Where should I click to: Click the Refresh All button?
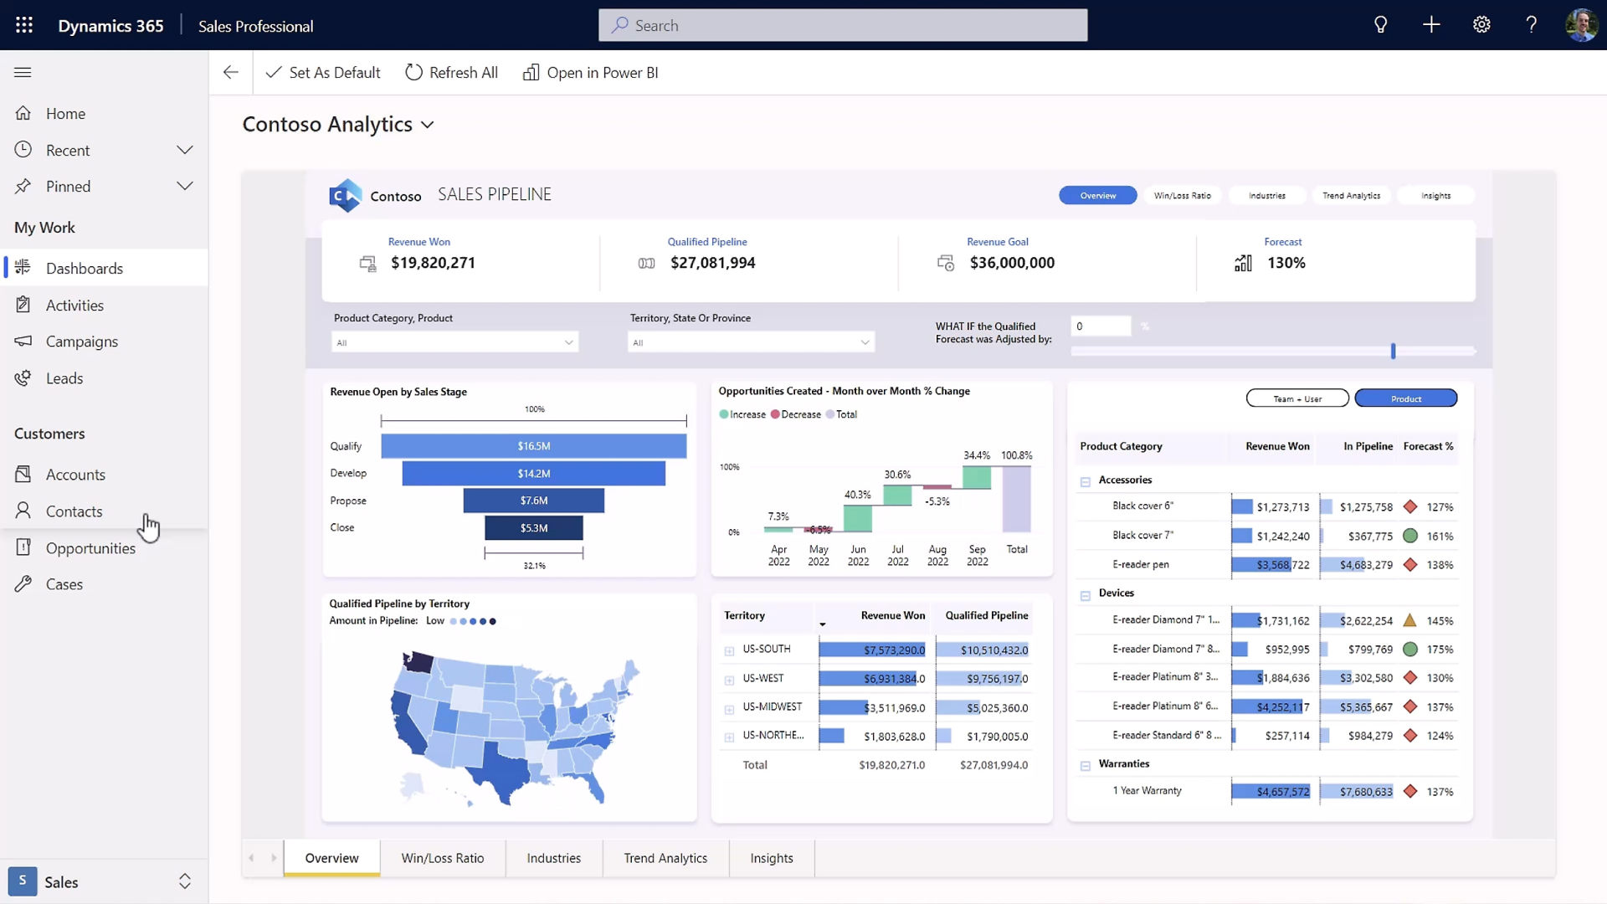point(451,73)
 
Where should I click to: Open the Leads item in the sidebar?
point(64,378)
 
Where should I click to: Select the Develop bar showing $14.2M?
point(533,474)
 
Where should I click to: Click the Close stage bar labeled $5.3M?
point(533,528)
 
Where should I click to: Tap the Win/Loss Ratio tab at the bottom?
point(442,858)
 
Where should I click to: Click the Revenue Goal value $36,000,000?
point(1011,263)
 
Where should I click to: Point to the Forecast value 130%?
point(1286,263)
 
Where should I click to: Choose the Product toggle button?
point(1405,398)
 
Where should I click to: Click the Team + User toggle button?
point(1296,398)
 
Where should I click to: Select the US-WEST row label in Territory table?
point(762,679)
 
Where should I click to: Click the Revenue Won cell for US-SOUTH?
point(872,650)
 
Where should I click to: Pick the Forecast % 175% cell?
point(1440,650)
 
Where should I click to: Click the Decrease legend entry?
point(799,414)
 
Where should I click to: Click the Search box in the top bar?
point(843,26)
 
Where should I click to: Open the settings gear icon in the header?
point(1481,25)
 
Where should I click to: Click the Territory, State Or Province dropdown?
point(751,342)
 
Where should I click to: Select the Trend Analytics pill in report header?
point(1351,196)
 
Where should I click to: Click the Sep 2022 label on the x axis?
point(977,555)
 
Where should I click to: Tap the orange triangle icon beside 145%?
point(1409,621)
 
